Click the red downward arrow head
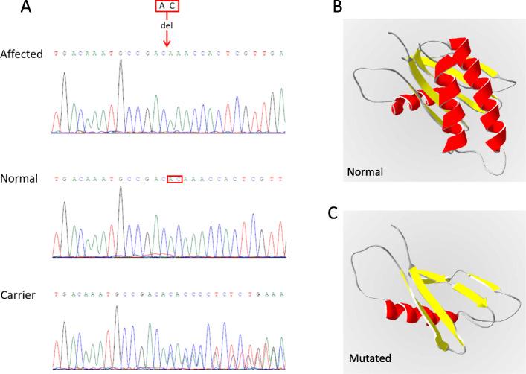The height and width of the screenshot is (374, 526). [167, 42]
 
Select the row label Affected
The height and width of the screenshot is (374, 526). [23, 54]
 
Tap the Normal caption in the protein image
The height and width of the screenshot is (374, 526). [364, 172]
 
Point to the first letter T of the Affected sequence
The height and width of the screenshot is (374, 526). [57, 54]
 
